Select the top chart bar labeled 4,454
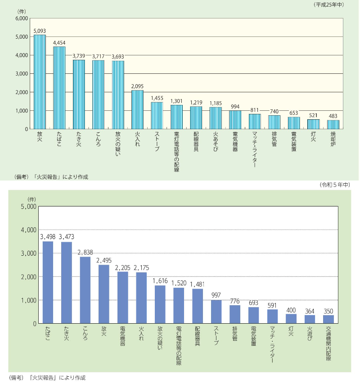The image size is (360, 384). click(59, 88)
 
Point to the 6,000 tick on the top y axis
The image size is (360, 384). click(22, 18)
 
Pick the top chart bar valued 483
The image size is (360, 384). click(333, 125)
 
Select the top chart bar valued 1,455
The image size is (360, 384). click(157, 116)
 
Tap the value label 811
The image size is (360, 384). click(255, 109)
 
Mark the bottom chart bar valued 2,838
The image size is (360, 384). click(85, 290)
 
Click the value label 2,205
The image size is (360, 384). click(123, 267)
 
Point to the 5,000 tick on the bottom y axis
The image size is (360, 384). click(27, 207)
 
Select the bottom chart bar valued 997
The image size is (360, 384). click(216, 312)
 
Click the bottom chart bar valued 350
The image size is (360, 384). click(329, 319)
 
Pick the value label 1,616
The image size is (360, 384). click(160, 281)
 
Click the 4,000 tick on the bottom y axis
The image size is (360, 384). click(27, 230)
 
